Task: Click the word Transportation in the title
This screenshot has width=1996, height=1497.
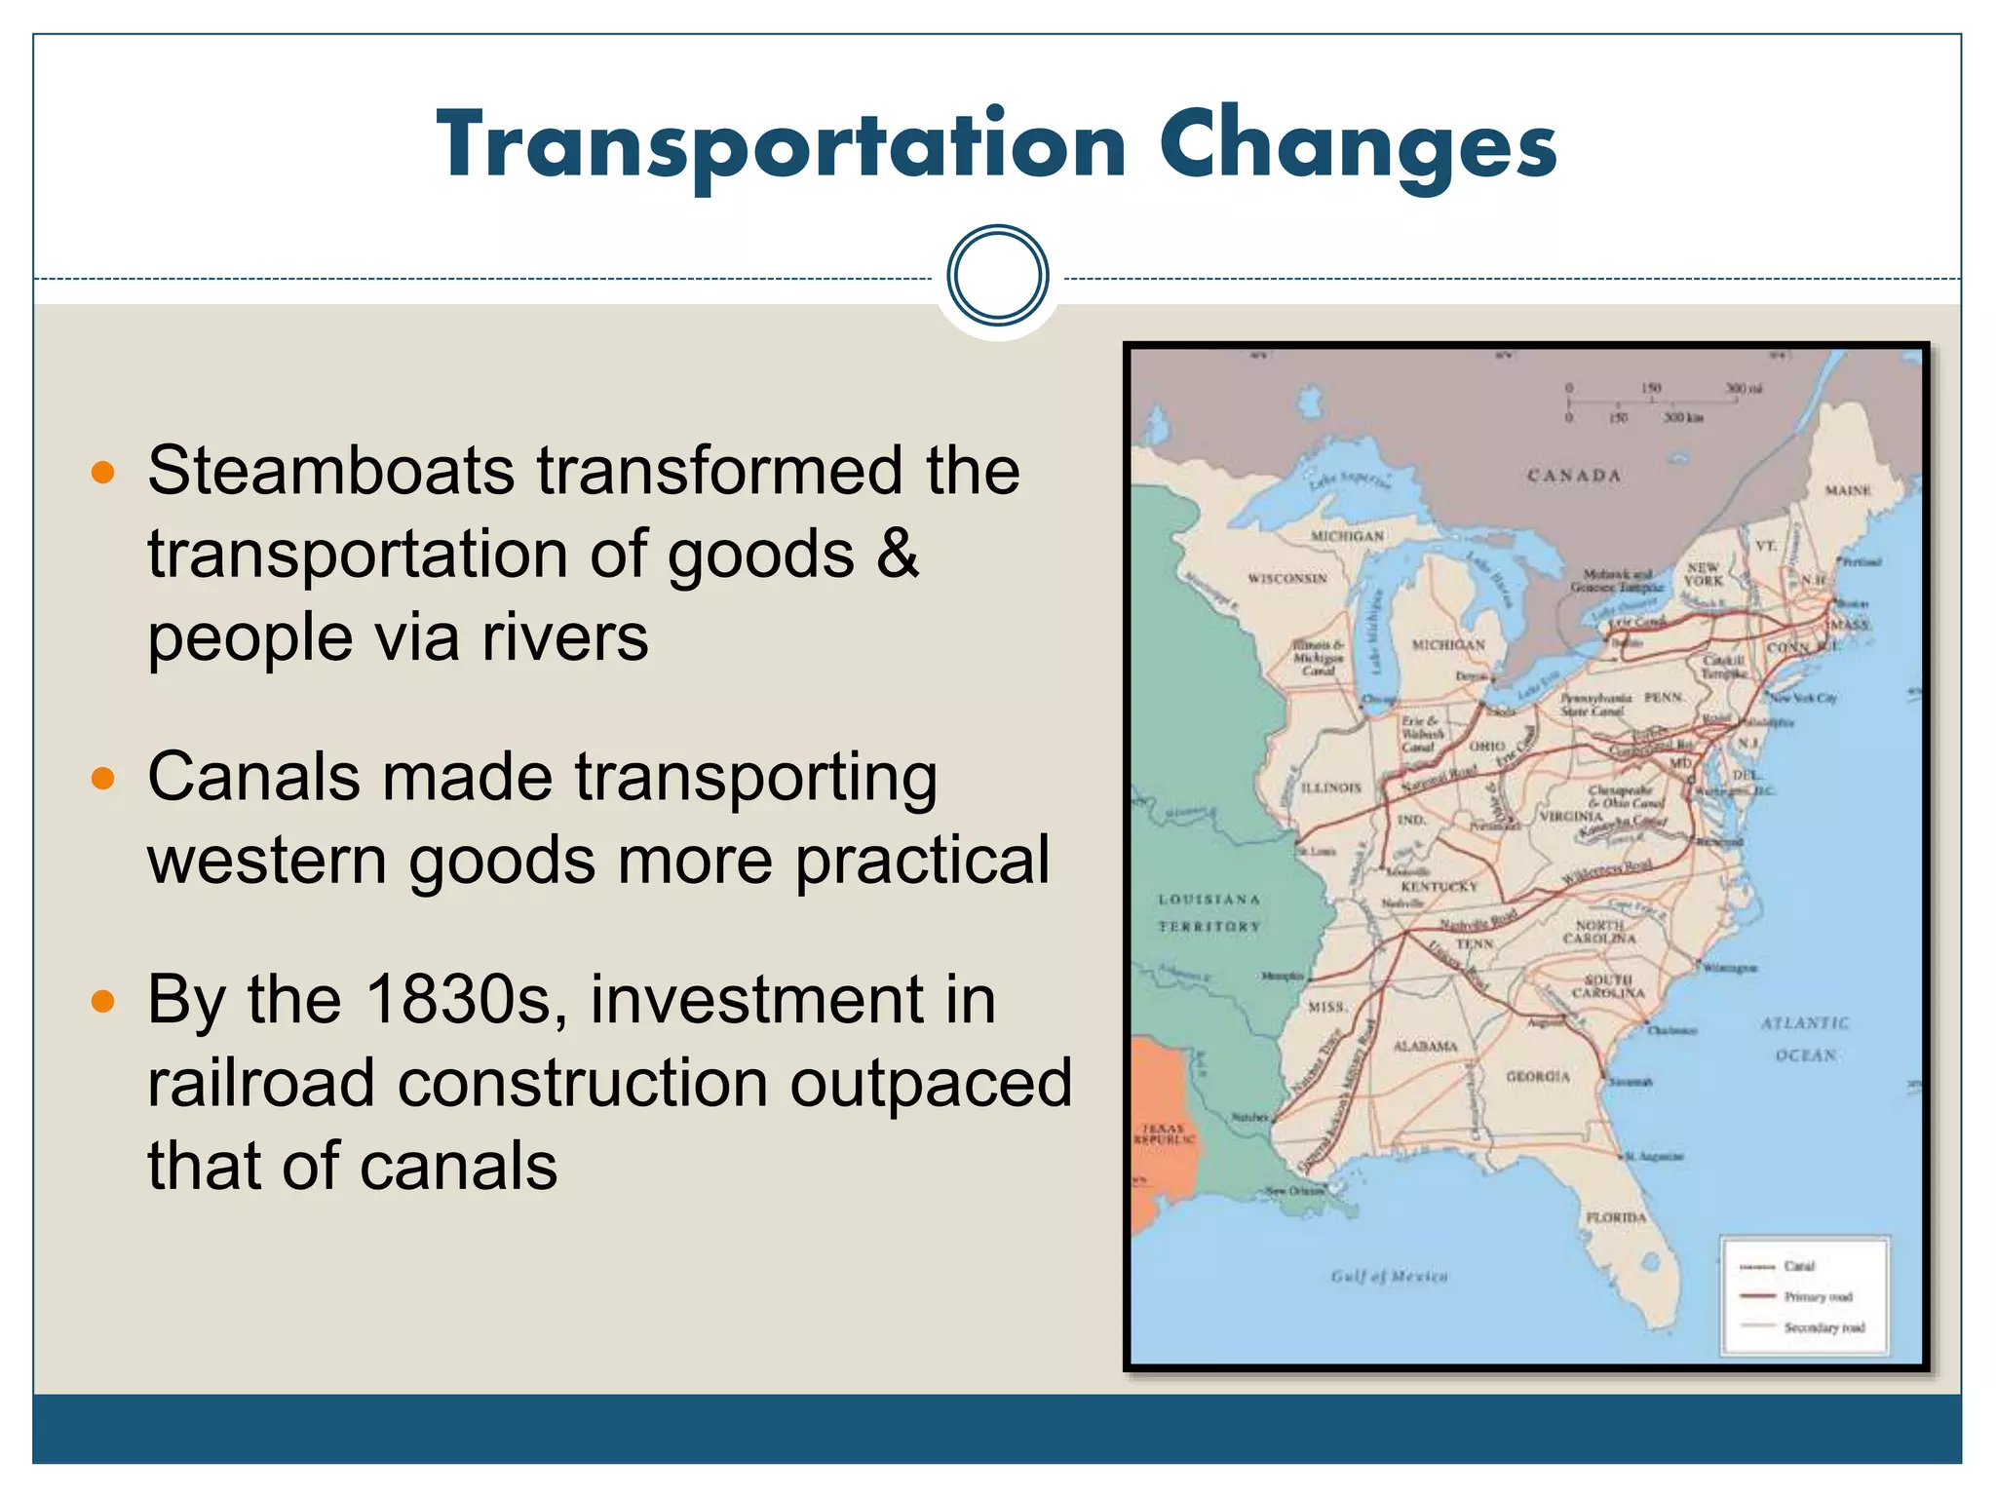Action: coord(781,146)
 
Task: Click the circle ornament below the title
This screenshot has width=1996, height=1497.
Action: coord(997,275)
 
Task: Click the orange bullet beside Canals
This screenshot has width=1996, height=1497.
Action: coord(102,779)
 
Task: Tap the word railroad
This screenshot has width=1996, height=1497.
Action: coord(260,1084)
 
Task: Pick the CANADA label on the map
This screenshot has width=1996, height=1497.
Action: coord(1573,476)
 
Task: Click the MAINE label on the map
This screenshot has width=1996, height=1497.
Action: coord(1848,490)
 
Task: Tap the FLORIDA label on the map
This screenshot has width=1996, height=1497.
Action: coord(1616,1217)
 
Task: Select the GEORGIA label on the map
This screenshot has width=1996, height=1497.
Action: coord(1537,1076)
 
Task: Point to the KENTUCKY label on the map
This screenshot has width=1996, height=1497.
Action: coord(1439,887)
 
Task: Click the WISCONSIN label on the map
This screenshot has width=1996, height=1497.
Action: coord(1287,579)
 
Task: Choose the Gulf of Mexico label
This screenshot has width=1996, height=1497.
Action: coord(1389,1276)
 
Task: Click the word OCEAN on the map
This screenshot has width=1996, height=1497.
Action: coord(1805,1056)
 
